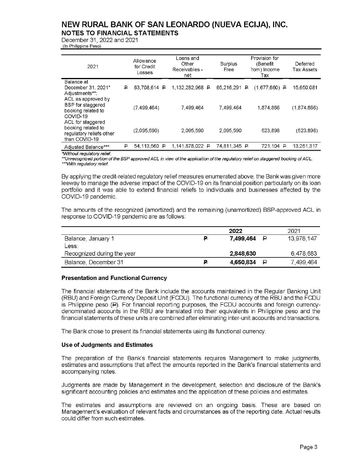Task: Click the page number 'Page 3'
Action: (309, 447)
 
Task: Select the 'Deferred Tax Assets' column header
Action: (305, 67)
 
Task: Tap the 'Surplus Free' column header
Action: (229, 67)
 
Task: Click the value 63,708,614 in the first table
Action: (146, 88)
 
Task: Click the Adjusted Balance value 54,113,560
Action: (146, 146)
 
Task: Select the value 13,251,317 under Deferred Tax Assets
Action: (305, 146)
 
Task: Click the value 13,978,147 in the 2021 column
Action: (302, 239)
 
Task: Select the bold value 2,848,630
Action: (243, 254)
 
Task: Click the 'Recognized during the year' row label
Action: (100, 254)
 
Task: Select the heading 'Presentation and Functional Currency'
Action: (114, 278)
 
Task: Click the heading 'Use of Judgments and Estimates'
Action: (107, 345)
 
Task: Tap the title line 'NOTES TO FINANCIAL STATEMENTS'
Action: (120, 33)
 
